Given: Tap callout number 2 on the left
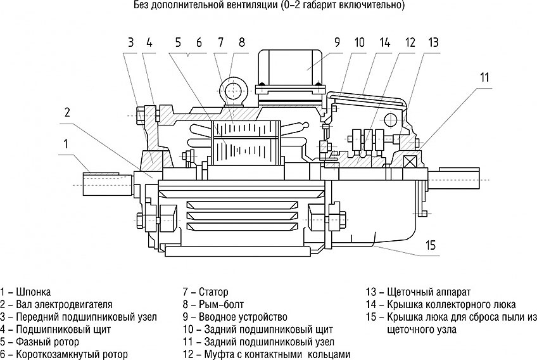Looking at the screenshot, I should pos(67,113).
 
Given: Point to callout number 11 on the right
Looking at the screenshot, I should pos(484,78).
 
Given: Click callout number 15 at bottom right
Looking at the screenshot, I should pos(431,245).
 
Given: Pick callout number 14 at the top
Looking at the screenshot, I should pos(384,43).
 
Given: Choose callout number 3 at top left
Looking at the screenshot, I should pos(130,43).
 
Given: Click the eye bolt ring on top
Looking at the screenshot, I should pos(232,88).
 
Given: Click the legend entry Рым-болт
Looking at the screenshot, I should pos(219,304).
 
